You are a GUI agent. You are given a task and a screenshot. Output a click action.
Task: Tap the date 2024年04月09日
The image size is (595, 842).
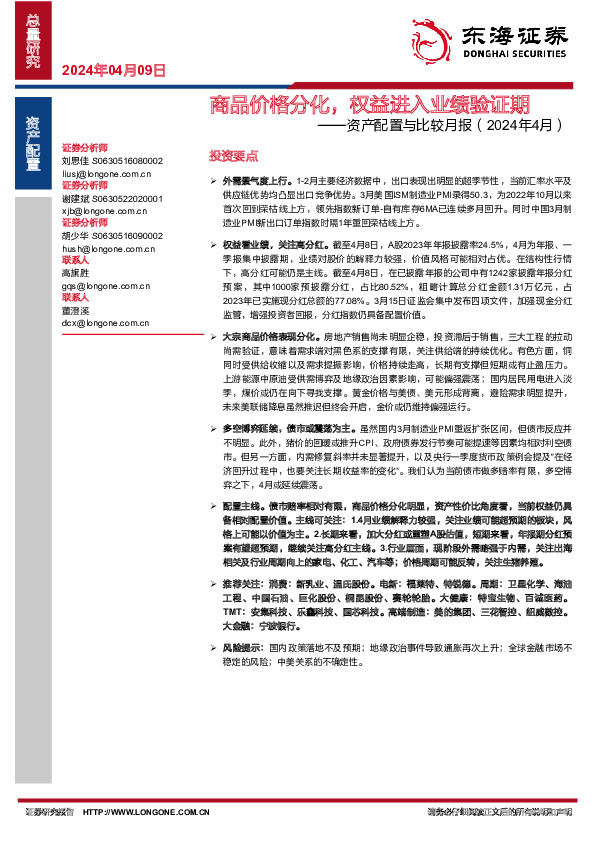coord(112,70)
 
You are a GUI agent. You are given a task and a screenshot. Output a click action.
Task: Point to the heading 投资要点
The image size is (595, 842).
coord(233,156)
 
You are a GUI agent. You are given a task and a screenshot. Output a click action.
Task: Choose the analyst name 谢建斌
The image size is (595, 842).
coord(76,198)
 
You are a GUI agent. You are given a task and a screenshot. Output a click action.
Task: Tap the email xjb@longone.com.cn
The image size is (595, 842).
coord(101,210)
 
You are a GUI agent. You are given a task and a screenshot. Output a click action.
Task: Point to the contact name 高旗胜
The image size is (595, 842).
coord(76,273)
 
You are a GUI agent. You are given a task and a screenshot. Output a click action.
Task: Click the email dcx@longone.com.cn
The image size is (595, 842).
coord(102,323)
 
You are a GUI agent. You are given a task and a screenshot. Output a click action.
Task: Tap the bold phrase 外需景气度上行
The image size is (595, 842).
coord(253,175)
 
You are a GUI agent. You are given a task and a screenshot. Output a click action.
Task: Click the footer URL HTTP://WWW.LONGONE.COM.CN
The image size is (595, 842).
coord(146,811)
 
